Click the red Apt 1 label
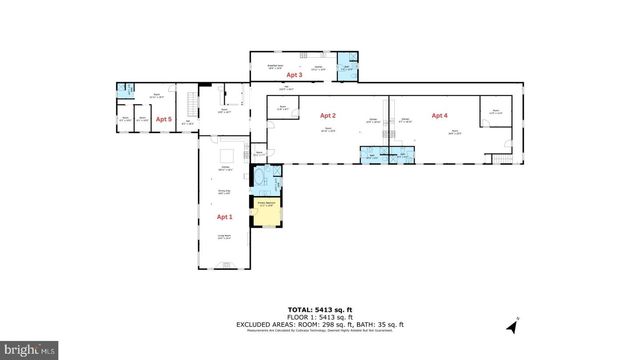click(224, 217)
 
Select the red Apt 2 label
click(327, 116)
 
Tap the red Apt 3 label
click(294, 74)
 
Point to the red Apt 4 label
click(439, 116)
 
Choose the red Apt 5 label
click(163, 119)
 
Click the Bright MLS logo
click(29, 350)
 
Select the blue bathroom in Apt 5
click(125, 92)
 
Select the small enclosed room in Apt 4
click(494, 111)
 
